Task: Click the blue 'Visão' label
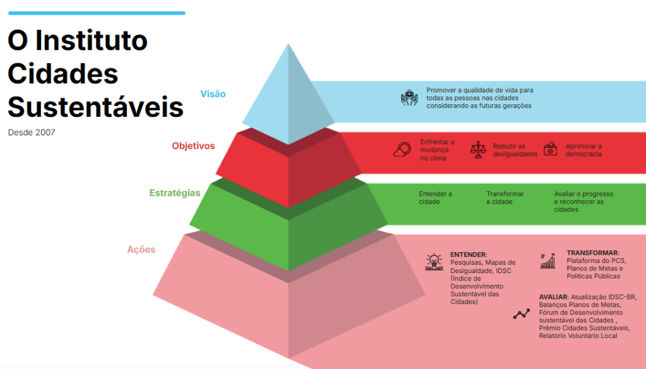213,94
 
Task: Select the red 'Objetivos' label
193,146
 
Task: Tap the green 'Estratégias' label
175,193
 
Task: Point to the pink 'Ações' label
141,250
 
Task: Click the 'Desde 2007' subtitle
32,133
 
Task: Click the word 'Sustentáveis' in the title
95,107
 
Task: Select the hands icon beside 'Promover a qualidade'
410,98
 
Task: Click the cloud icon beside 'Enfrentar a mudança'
402,150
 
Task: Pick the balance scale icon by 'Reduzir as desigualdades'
478,150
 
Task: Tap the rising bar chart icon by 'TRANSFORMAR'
548,260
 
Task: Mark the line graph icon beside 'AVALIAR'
521,314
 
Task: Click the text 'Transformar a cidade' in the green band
505,198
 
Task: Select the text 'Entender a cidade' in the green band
435,198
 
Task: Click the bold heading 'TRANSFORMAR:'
593,253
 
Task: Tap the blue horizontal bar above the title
97,13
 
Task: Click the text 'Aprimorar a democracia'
584,150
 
